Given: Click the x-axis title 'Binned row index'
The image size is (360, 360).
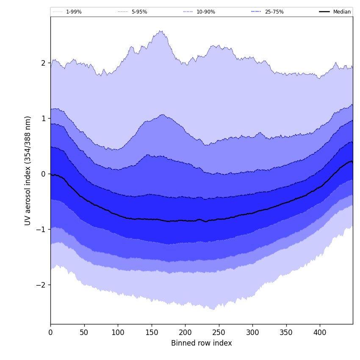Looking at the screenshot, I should (202, 343).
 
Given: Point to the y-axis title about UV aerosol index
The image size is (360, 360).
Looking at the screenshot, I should (28, 170).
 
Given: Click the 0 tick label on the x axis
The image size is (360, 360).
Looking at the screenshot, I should (50, 332).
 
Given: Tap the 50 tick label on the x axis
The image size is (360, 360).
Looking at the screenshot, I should (84, 332).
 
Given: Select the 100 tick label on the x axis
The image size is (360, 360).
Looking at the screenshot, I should (118, 332).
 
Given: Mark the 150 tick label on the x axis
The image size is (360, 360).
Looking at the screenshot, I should (151, 332).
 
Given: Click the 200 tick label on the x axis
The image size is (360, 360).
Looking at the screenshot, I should (185, 332).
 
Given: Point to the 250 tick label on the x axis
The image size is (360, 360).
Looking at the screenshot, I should (219, 332).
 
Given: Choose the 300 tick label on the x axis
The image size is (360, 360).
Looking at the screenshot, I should (252, 332).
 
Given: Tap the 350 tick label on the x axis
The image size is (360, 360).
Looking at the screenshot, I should (286, 332).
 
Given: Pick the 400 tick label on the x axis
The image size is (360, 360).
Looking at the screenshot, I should (320, 332).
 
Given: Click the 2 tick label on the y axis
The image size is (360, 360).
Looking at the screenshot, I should (43, 63).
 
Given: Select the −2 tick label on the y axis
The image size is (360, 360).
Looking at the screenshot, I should (41, 285).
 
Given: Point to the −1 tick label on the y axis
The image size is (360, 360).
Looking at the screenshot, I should (41, 230).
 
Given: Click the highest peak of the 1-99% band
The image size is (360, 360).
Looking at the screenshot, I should (160, 30).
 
